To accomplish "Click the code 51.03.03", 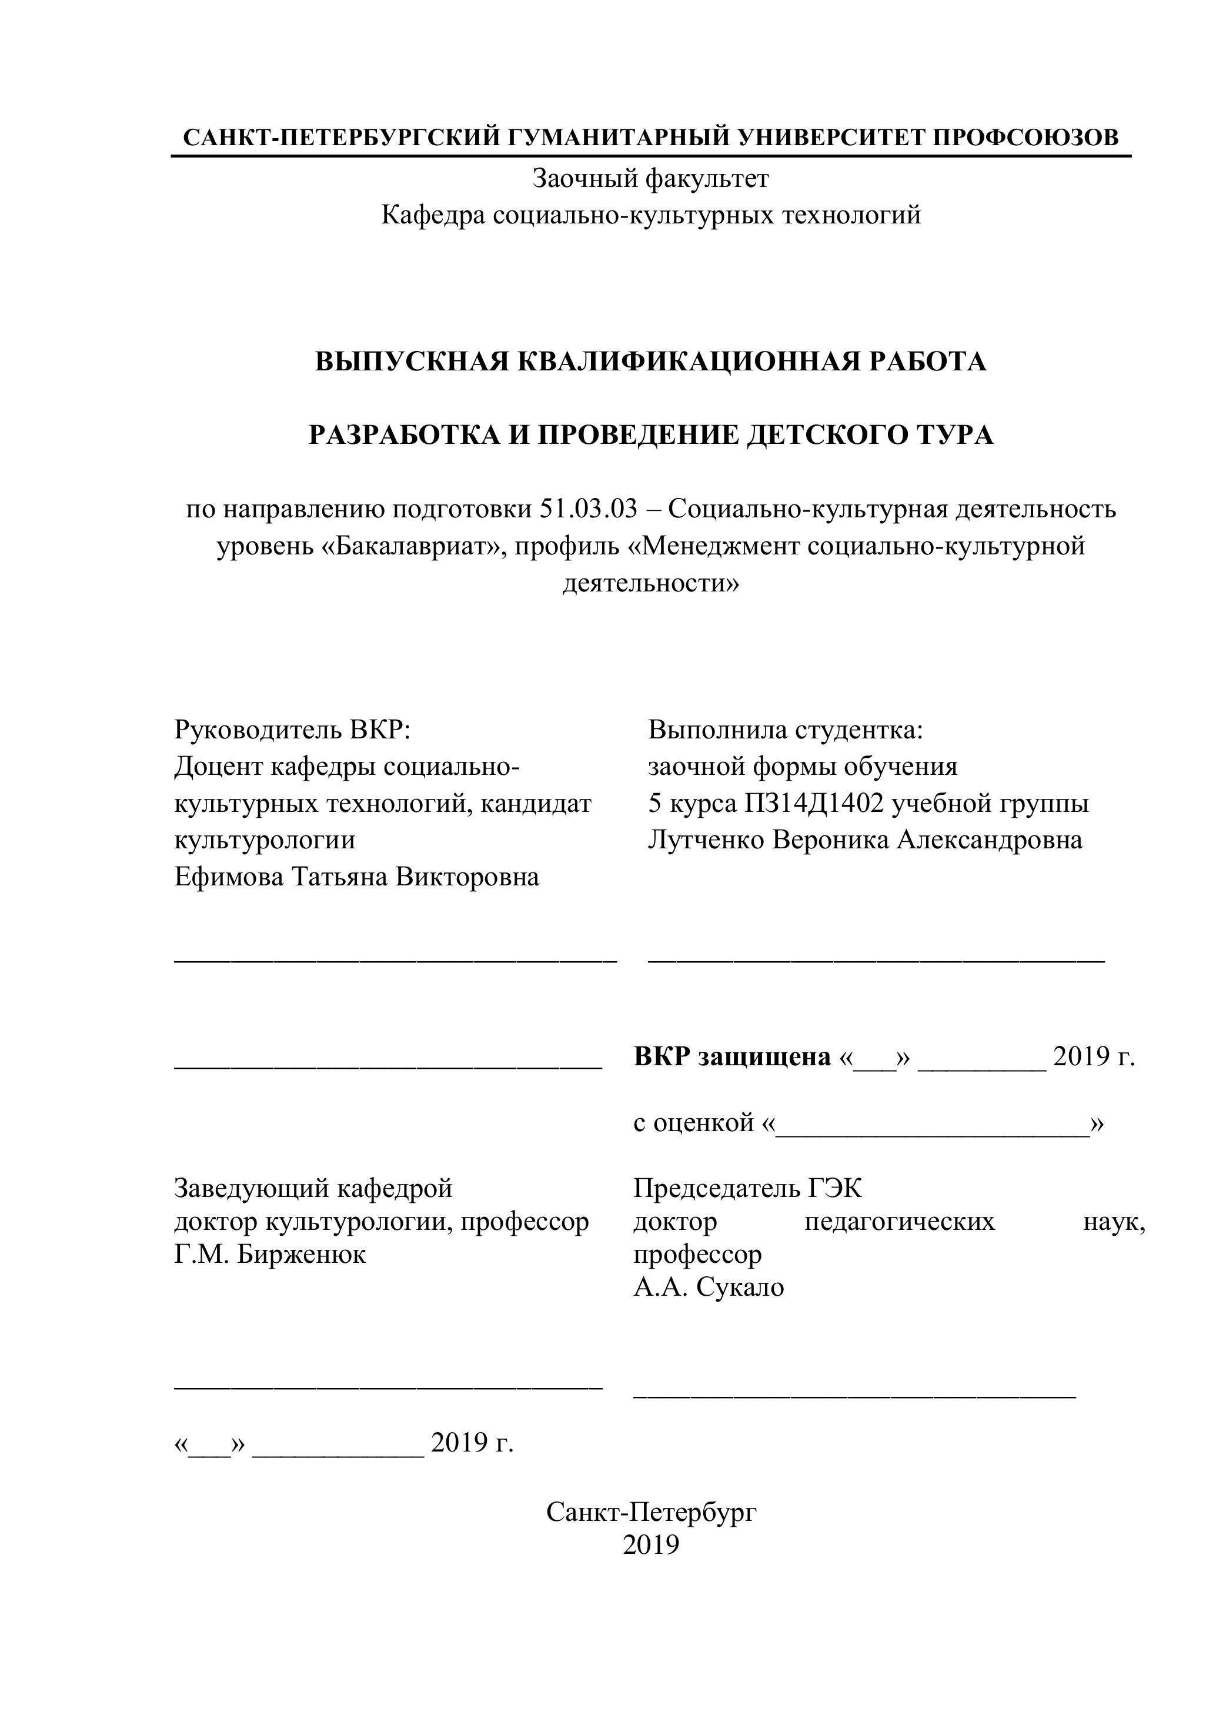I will click(x=588, y=509).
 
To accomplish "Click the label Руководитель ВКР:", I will click(x=292, y=729).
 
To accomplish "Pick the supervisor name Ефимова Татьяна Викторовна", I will click(x=356, y=877).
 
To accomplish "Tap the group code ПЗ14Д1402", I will click(x=814, y=803).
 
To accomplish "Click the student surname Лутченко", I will click(x=706, y=840).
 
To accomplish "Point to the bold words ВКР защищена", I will click(x=731, y=1056).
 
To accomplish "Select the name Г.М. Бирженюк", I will click(x=269, y=1254).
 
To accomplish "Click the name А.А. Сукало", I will click(x=709, y=1287).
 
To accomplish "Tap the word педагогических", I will click(x=899, y=1221).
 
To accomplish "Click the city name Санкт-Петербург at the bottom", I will click(x=651, y=1511).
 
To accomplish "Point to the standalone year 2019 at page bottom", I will click(x=651, y=1544).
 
